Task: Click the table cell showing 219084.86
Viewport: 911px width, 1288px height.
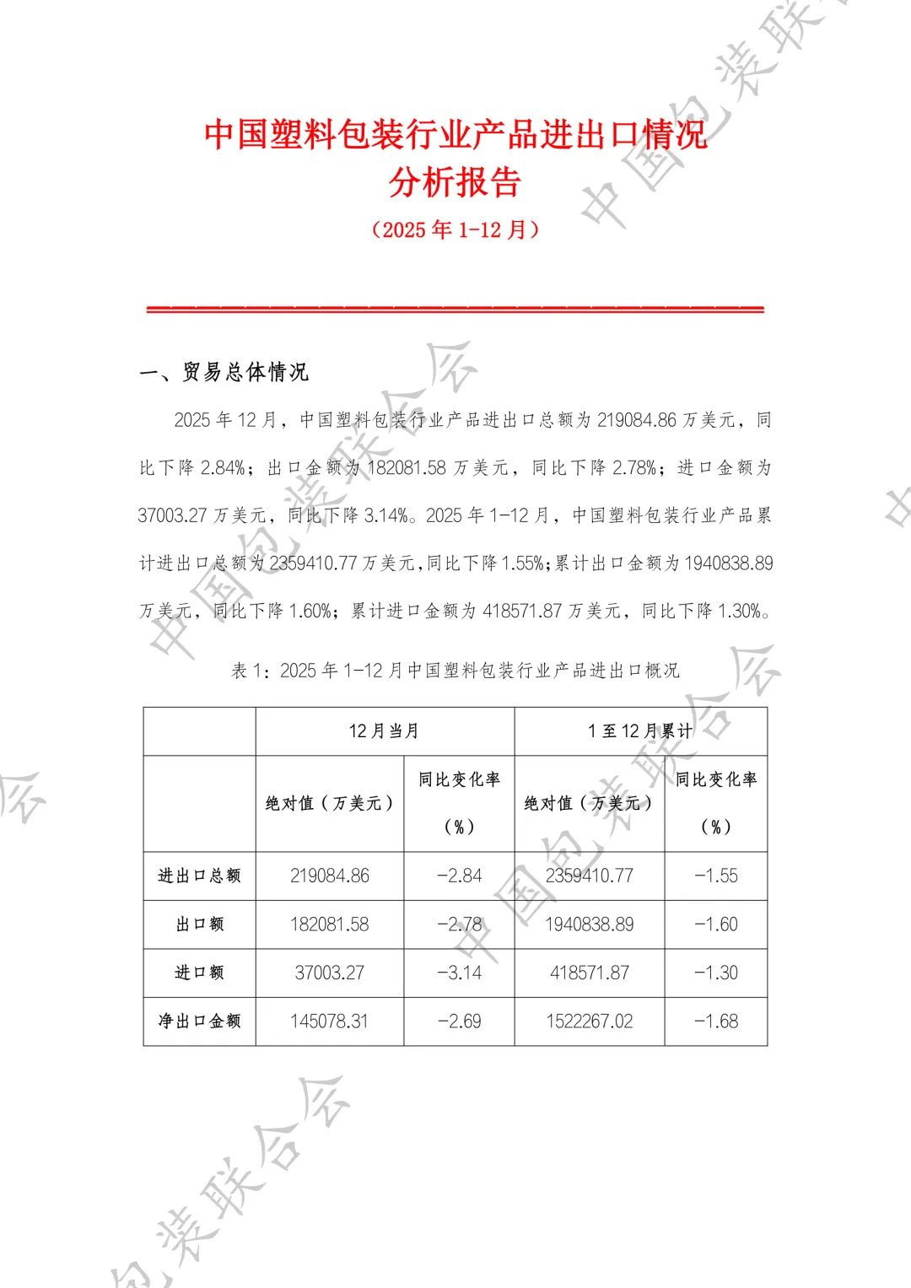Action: (x=330, y=876)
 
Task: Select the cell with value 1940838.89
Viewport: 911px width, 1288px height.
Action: (x=589, y=924)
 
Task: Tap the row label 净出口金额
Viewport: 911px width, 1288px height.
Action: (x=200, y=1021)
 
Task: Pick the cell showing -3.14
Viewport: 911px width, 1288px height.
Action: (x=459, y=973)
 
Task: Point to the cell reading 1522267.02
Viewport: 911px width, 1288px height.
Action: (x=589, y=1021)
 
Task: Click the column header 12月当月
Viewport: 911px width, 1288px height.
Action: (x=385, y=731)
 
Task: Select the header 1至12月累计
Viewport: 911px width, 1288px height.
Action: (x=640, y=731)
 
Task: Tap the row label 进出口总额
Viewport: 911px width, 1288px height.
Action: (x=200, y=876)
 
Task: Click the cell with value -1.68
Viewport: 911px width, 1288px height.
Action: (x=716, y=1021)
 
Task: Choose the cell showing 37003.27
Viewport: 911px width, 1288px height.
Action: (x=330, y=973)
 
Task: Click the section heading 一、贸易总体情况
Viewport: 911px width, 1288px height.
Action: (x=224, y=372)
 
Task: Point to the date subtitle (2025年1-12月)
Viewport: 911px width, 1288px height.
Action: (x=455, y=229)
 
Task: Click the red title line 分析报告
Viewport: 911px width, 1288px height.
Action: (x=455, y=182)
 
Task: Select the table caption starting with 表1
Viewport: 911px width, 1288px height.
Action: (x=455, y=671)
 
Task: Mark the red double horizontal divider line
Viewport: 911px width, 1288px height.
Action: (x=455, y=310)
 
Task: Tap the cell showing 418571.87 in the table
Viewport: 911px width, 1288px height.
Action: (x=589, y=973)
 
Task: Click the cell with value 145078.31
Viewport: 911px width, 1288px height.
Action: (x=330, y=1021)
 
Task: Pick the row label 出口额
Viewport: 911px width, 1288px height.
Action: (x=200, y=924)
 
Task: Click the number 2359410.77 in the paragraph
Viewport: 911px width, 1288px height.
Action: (x=314, y=563)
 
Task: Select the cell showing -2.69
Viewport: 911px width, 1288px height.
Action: (x=459, y=1021)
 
